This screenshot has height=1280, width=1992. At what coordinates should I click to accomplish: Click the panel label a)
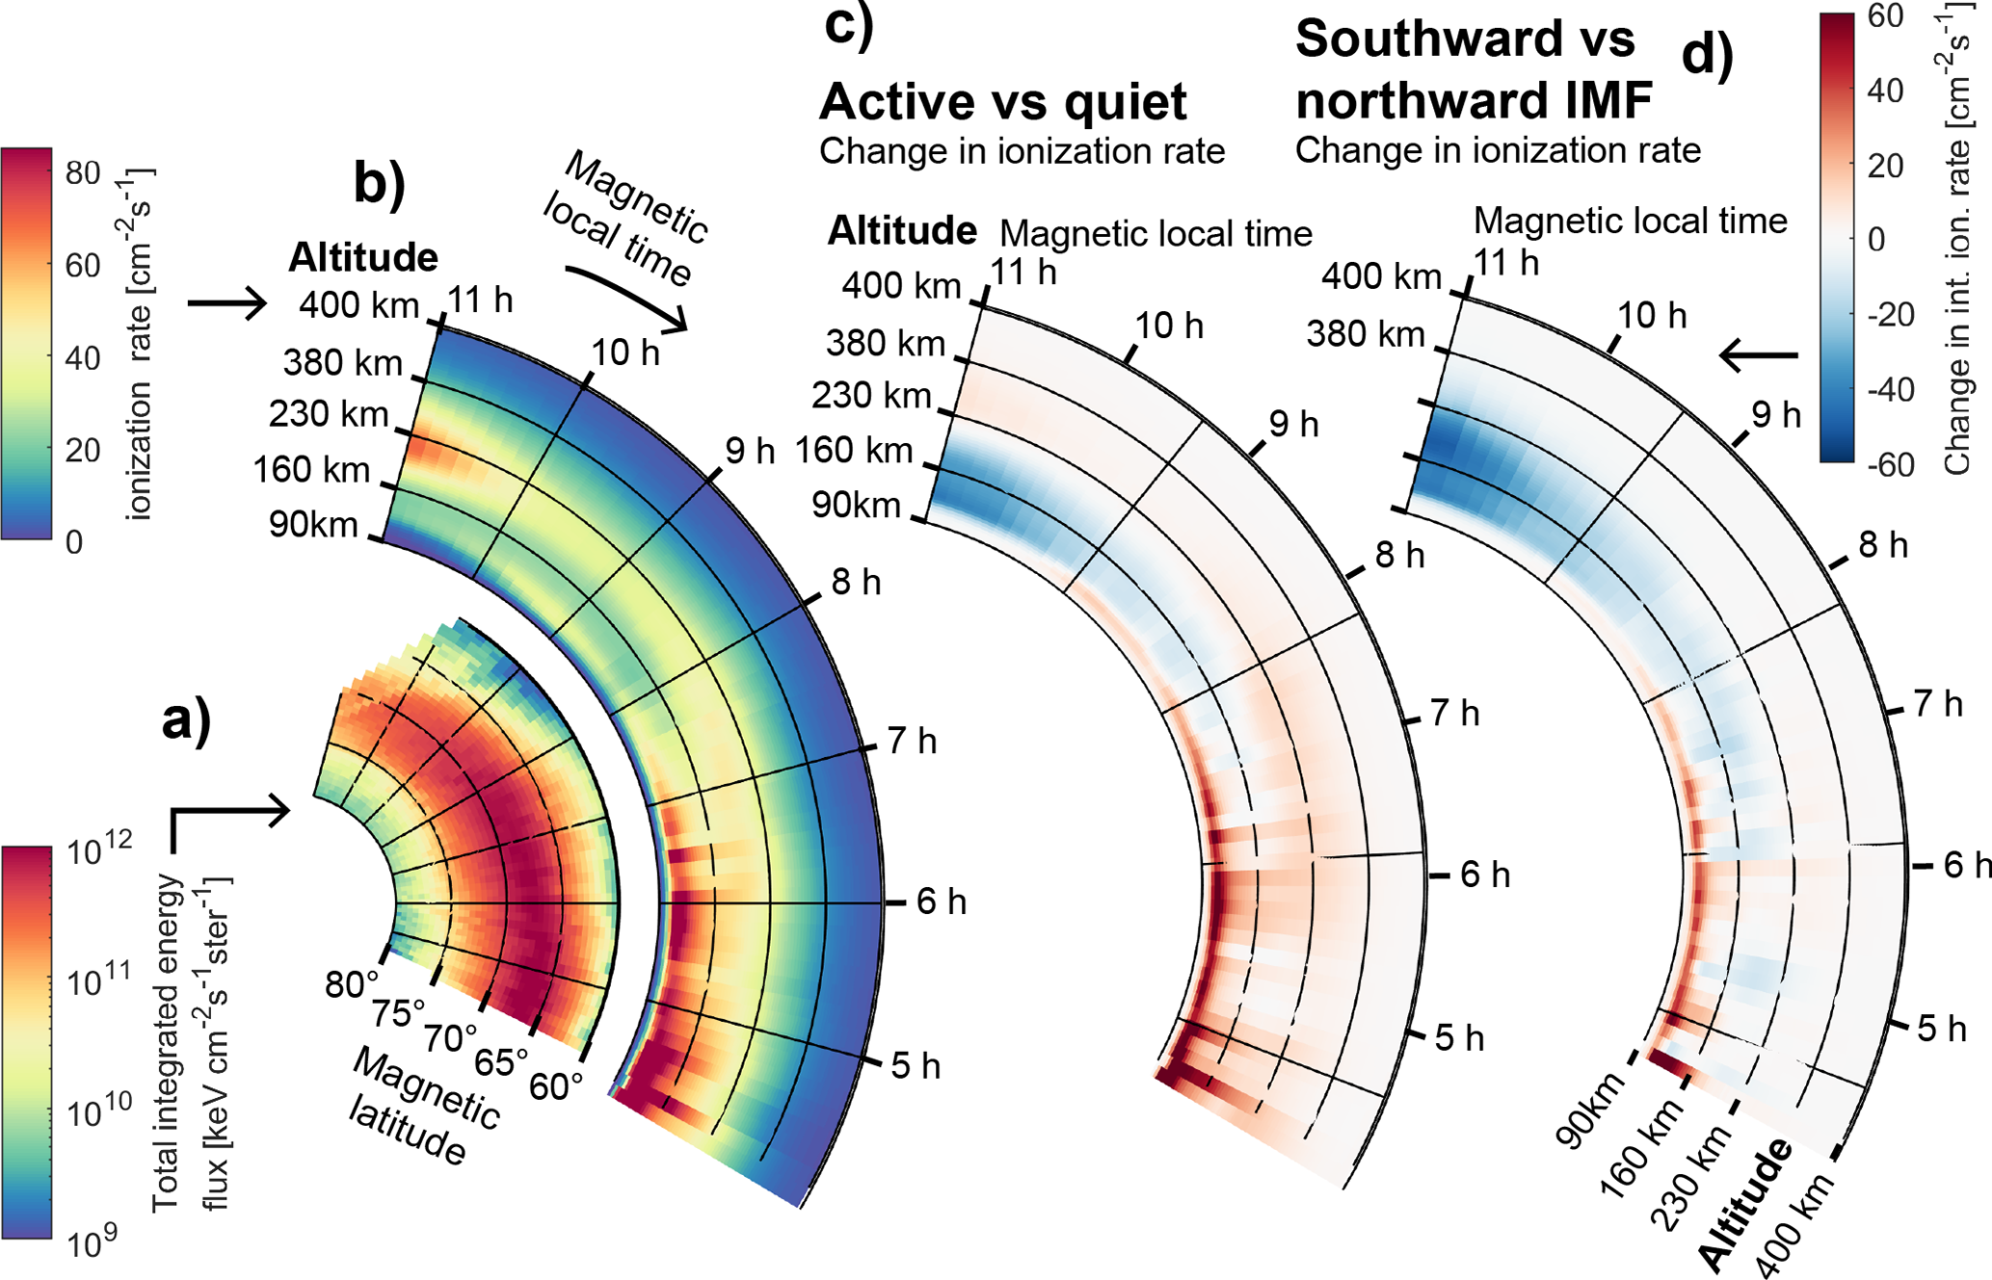(x=186, y=719)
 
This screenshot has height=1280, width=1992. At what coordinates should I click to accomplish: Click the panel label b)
(x=380, y=182)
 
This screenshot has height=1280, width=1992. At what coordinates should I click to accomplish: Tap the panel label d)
(x=1707, y=55)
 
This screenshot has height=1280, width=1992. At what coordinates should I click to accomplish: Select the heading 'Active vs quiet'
(x=1002, y=101)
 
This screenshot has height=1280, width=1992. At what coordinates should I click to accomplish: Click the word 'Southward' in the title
(x=1465, y=39)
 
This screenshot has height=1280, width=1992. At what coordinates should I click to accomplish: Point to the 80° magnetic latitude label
(x=352, y=984)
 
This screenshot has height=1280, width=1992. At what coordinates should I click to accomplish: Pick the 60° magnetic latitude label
(x=556, y=1085)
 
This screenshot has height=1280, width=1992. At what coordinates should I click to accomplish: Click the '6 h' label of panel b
(x=942, y=901)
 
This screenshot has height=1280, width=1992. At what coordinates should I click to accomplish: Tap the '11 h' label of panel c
(x=1023, y=273)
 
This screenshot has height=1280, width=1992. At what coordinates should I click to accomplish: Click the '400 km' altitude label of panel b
(x=359, y=305)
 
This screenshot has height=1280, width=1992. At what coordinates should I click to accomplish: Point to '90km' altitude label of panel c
(x=856, y=505)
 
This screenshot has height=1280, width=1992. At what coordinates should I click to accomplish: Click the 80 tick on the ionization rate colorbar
(x=83, y=173)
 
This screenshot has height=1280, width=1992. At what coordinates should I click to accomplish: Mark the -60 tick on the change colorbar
(x=1889, y=465)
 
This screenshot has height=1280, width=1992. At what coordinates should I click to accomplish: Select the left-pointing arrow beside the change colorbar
(x=1759, y=356)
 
